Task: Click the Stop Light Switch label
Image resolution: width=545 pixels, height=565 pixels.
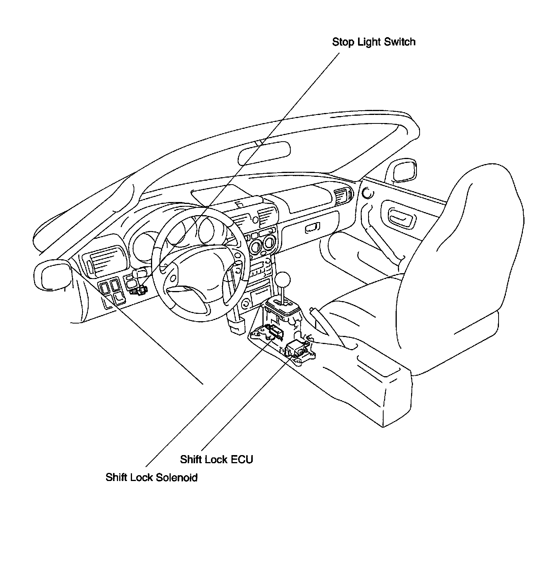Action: click(374, 42)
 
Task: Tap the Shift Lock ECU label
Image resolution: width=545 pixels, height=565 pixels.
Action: click(216, 459)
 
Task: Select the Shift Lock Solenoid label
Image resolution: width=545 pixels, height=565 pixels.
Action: click(151, 477)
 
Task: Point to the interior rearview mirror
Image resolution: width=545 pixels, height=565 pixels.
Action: click(264, 152)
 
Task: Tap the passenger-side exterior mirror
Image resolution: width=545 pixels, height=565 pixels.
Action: click(405, 171)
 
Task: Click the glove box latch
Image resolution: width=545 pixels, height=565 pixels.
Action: click(312, 228)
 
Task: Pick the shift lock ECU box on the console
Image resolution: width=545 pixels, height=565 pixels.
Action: click(297, 347)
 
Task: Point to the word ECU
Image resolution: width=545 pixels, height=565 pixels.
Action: click(242, 459)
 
